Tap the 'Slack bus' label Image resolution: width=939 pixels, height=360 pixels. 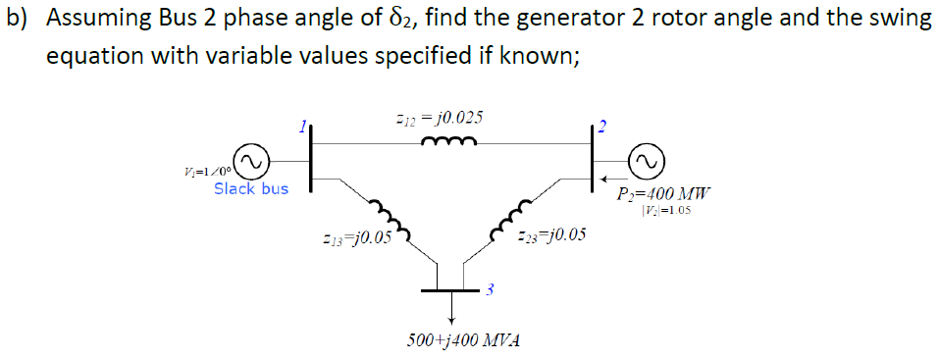click(x=251, y=187)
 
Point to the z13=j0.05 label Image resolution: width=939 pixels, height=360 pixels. click(x=356, y=236)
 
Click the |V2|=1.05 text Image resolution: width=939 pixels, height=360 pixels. click(x=667, y=210)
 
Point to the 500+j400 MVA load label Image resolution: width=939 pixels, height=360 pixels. click(x=463, y=340)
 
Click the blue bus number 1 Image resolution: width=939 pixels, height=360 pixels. click(x=304, y=125)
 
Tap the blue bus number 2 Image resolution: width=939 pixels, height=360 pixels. click(x=603, y=126)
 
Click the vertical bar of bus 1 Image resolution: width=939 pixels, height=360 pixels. click(x=311, y=156)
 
